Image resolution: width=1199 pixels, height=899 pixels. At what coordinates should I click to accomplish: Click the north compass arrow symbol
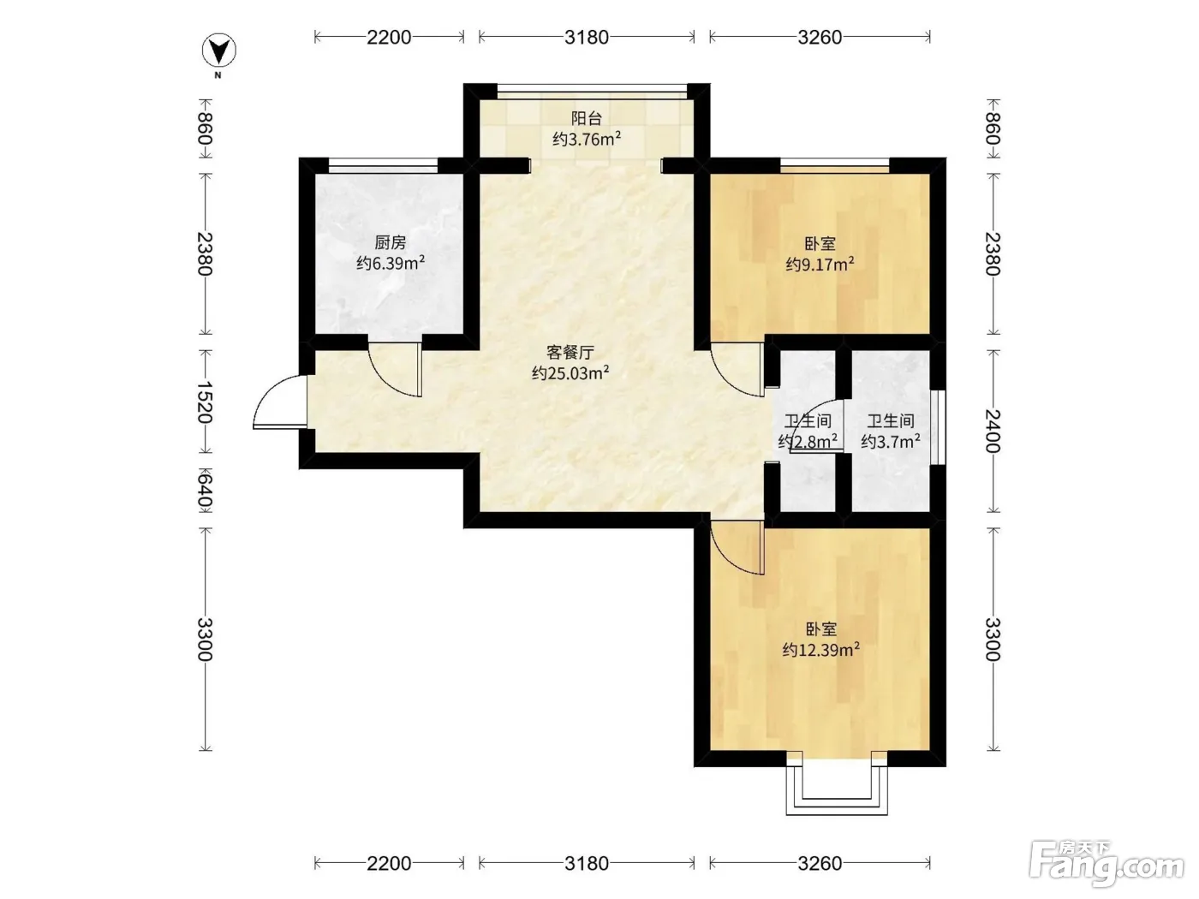click(x=218, y=51)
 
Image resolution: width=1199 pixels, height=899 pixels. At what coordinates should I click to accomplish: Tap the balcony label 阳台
click(x=586, y=118)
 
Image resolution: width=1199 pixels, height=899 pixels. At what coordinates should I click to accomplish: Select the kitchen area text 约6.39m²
click(x=391, y=263)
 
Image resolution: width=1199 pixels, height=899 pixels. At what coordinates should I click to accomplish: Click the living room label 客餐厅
click(x=570, y=352)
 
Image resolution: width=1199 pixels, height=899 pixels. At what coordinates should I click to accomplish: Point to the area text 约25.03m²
click(x=570, y=372)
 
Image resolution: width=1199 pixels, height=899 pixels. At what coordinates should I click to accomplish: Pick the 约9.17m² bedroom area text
click(x=820, y=265)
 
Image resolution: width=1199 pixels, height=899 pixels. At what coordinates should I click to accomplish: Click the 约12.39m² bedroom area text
click(x=821, y=650)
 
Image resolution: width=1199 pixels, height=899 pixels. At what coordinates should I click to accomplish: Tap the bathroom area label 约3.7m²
click(x=891, y=440)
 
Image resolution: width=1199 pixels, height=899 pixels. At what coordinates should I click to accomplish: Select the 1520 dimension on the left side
click(x=205, y=402)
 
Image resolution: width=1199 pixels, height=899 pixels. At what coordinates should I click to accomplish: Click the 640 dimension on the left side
click(x=205, y=491)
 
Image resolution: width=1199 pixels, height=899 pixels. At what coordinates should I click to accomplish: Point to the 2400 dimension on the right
click(x=993, y=431)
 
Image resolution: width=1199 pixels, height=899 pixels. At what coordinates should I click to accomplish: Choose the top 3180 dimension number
click(x=586, y=37)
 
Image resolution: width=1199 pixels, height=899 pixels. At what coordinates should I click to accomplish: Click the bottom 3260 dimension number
click(x=820, y=863)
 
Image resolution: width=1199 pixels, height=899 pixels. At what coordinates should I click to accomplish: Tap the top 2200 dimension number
click(x=388, y=37)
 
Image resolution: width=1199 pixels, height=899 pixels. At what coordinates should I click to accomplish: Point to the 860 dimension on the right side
click(x=993, y=128)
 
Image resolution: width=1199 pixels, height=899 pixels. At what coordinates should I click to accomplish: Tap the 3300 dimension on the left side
click(x=205, y=640)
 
